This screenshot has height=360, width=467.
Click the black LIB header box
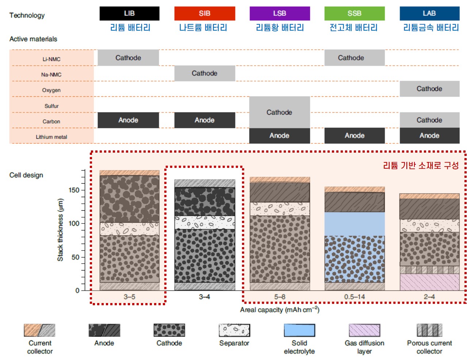[129, 14]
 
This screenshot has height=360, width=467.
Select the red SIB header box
[204, 14]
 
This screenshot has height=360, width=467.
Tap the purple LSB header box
[280, 14]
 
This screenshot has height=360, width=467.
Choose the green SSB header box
[355, 14]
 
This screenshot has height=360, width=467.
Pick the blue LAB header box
[429, 14]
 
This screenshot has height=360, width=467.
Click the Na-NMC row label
[51, 74]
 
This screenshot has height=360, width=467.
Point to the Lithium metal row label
[51, 137]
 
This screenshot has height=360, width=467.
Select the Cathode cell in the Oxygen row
[429, 89]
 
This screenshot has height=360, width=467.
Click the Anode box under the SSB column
[355, 135]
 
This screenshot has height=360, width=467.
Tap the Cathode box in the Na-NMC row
[204, 73]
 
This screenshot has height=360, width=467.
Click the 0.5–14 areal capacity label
[355, 297]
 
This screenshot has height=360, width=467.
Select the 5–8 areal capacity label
[280, 297]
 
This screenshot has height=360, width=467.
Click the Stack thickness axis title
[60, 230]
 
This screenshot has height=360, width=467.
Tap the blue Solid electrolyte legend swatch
[299, 330]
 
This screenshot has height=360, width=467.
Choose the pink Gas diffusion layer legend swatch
[364, 330]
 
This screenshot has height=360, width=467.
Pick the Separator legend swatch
[234, 330]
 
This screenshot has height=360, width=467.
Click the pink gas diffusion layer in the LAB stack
[429, 282]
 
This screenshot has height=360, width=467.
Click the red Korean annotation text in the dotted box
[421, 165]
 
